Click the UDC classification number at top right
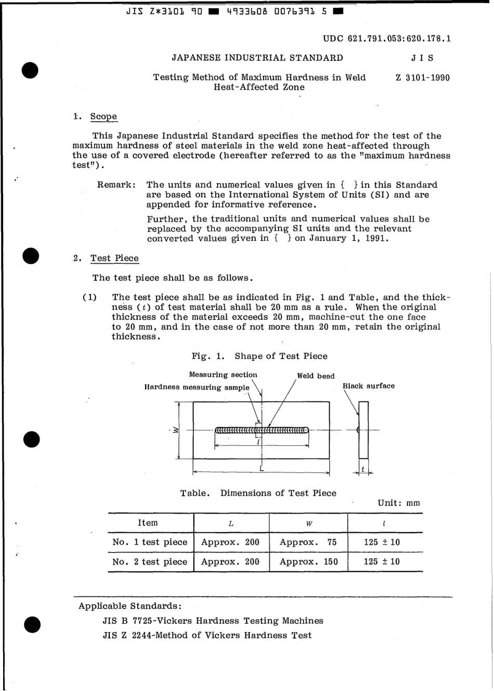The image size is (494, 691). [x=387, y=39]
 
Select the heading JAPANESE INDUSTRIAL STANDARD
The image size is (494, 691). [x=257, y=58]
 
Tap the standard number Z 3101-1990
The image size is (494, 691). [x=422, y=78]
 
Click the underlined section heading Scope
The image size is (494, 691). [x=103, y=117]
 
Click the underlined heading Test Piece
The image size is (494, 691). [x=114, y=259]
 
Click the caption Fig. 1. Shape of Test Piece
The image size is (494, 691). [x=259, y=356]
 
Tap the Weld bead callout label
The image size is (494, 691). [x=316, y=376]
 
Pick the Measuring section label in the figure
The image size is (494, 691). [x=223, y=375]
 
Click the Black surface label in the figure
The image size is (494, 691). [x=368, y=386]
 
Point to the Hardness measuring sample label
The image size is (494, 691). [x=197, y=387]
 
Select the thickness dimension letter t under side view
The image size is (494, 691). [x=363, y=469]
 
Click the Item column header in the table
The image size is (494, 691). [x=148, y=523]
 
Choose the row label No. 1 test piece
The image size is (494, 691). [x=150, y=542]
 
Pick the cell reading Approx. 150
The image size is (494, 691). [x=308, y=562]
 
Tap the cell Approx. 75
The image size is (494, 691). [x=308, y=542]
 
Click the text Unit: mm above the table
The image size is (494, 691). [x=398, y=503]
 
